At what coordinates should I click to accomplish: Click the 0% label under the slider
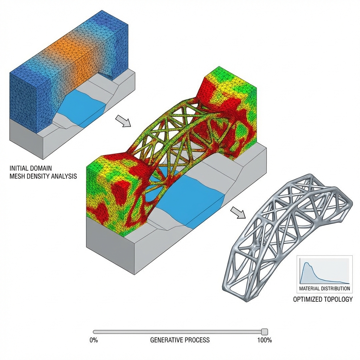tap(94, 340)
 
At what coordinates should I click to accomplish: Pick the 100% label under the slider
tap(265, 340)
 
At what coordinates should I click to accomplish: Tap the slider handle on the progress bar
tap(265, 332)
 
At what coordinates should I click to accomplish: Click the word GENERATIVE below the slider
tap(166, 340)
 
